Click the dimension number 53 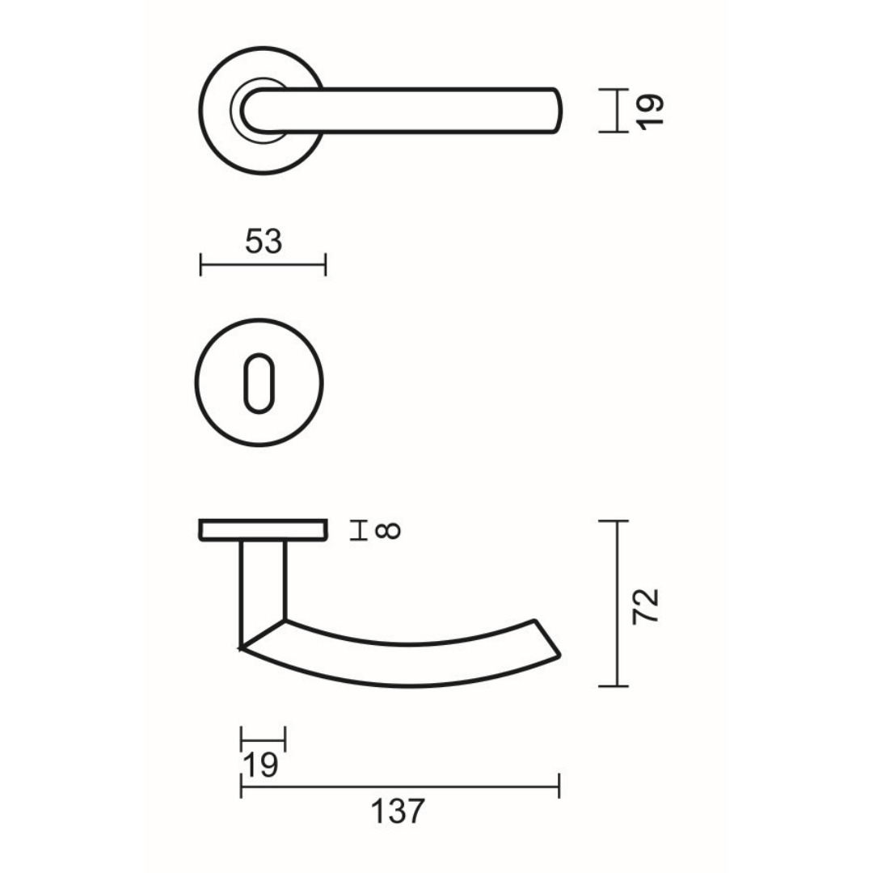tap(264, 241)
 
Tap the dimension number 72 tap(647, 605)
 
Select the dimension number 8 tap(389, 530)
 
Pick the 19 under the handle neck tap(260, 765)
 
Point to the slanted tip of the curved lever tap(546, 639)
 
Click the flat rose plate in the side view tap(264, 530)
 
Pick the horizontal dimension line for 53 tap(264, 264)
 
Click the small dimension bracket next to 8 tap(359, 530)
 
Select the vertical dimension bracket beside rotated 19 tap(617, 110)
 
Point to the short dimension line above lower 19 tap(264, 738)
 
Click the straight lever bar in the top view tap(420, 110)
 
